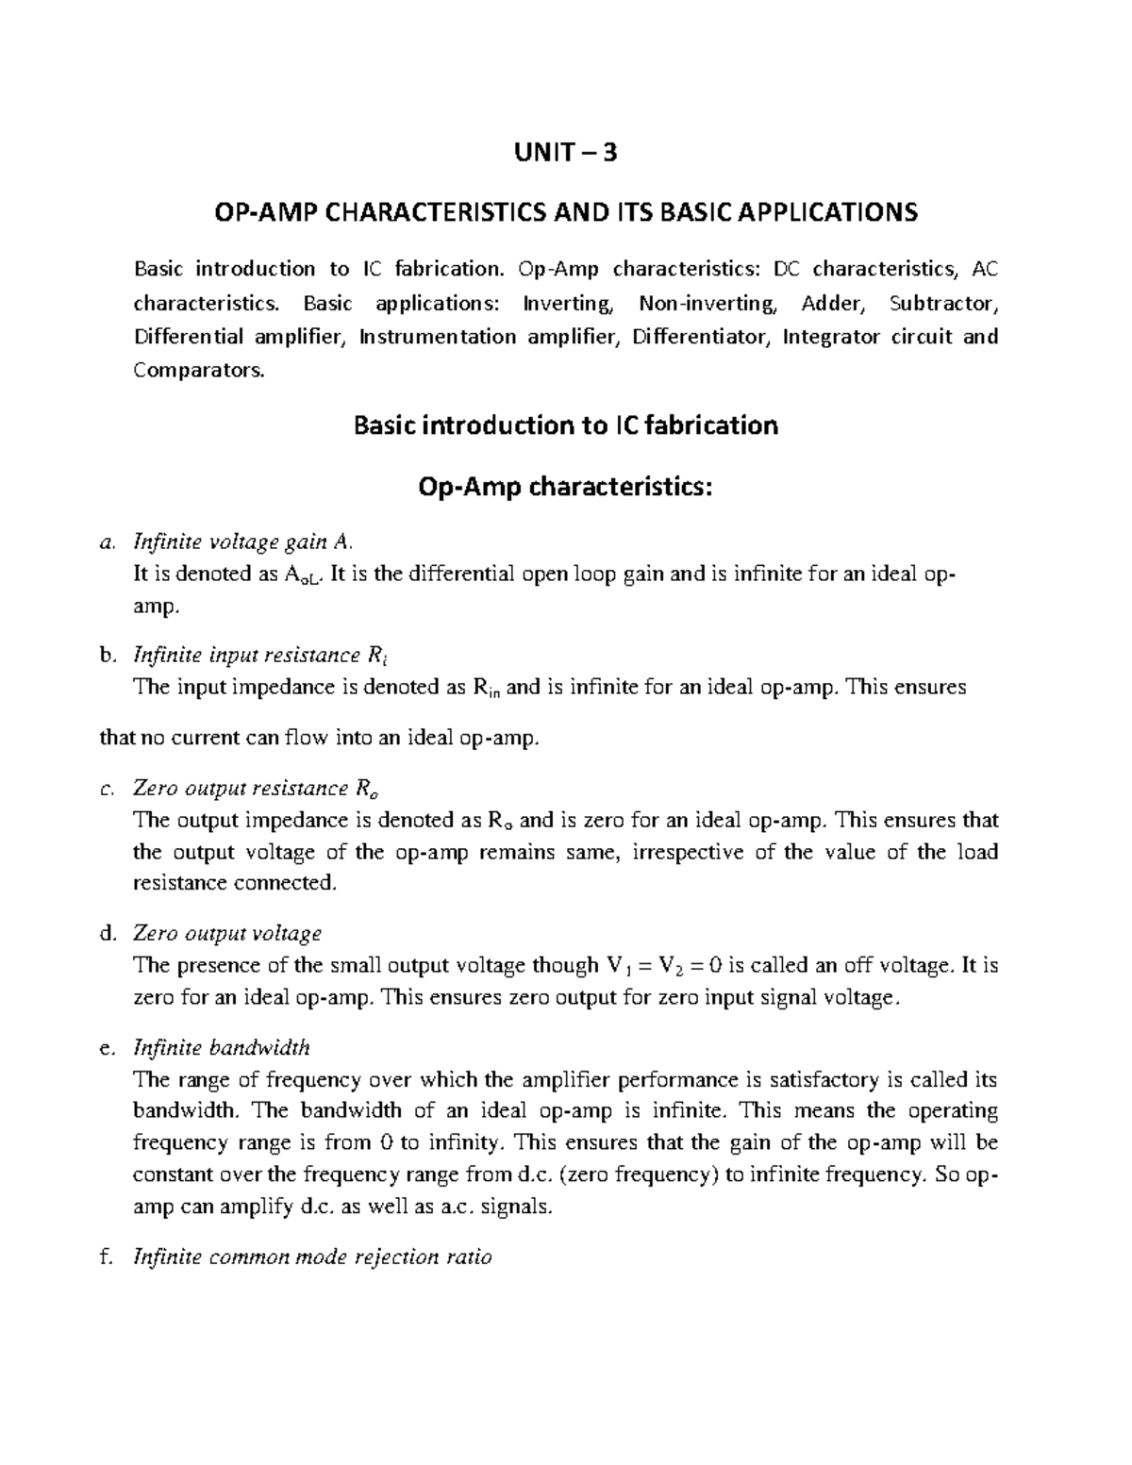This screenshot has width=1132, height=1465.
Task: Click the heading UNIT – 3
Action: [566, 152]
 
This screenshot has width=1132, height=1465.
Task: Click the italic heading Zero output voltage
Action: [227, 933]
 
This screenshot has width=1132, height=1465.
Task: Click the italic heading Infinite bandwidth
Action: [222, 1047]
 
